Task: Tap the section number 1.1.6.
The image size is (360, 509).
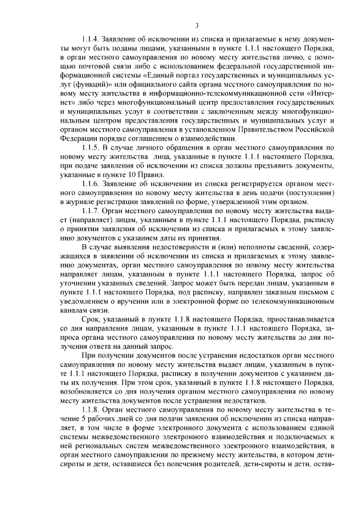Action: tap(92, 184)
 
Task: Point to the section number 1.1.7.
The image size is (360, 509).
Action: tap(92, 210)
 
